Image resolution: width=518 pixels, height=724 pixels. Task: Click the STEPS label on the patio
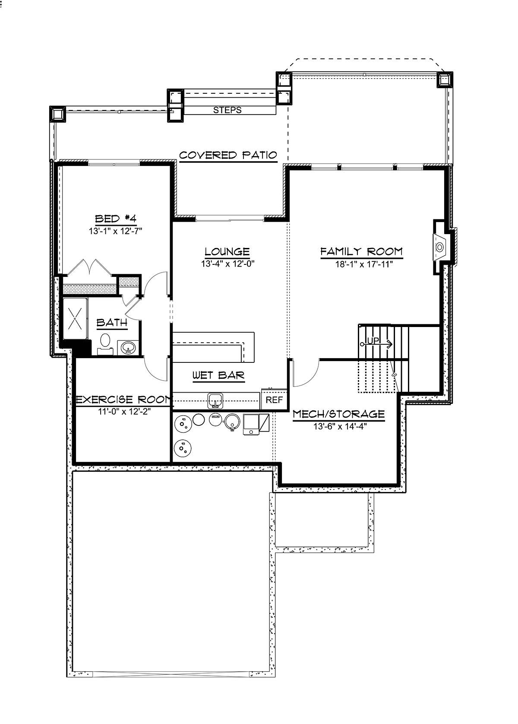pos(227,110)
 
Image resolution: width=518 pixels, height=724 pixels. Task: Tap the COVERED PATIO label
pos(228,155)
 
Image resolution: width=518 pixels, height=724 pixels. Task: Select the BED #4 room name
pos(116,219)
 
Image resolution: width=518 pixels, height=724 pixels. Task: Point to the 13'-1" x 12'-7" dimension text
pos(116,232)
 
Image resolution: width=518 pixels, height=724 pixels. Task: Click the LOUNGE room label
pos(227,251)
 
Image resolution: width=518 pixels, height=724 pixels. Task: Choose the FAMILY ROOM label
pos(362,251)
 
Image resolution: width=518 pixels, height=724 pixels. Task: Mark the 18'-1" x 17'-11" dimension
pos(364,264)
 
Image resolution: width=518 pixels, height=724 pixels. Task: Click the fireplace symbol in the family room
pos(439,247)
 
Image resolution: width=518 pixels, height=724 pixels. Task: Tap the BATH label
pos(112,322)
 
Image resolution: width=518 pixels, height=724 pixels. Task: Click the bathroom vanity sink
pos(128,348)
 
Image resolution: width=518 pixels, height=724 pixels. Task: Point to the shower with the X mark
pos(75,318)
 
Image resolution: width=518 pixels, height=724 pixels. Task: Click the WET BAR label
pos(218,375)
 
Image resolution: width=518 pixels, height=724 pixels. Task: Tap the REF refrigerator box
pos(274,400)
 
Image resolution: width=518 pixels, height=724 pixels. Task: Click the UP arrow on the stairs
pos(376,344)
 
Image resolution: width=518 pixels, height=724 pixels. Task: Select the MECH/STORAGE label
pos(339,414)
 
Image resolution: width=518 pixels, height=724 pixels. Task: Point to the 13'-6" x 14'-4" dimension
pos(340,427)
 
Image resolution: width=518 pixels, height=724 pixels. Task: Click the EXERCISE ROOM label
pos(123,400)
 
